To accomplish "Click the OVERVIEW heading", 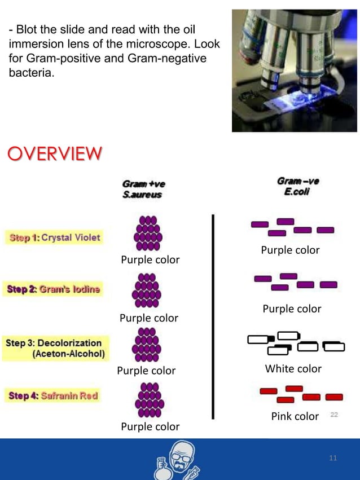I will (55, 153).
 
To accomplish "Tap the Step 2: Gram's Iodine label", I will (54, 289).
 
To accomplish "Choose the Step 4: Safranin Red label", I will (54, 396).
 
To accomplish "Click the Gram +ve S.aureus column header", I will (143, 189).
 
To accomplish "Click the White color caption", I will (293, 369).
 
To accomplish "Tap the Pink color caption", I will (295, 416).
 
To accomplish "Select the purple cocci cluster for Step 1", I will (148, 233).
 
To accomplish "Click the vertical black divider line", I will (213, 316).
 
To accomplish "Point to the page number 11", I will (333, 458).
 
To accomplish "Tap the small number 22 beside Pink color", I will (334, 415).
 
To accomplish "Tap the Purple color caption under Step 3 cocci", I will (146, 371).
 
